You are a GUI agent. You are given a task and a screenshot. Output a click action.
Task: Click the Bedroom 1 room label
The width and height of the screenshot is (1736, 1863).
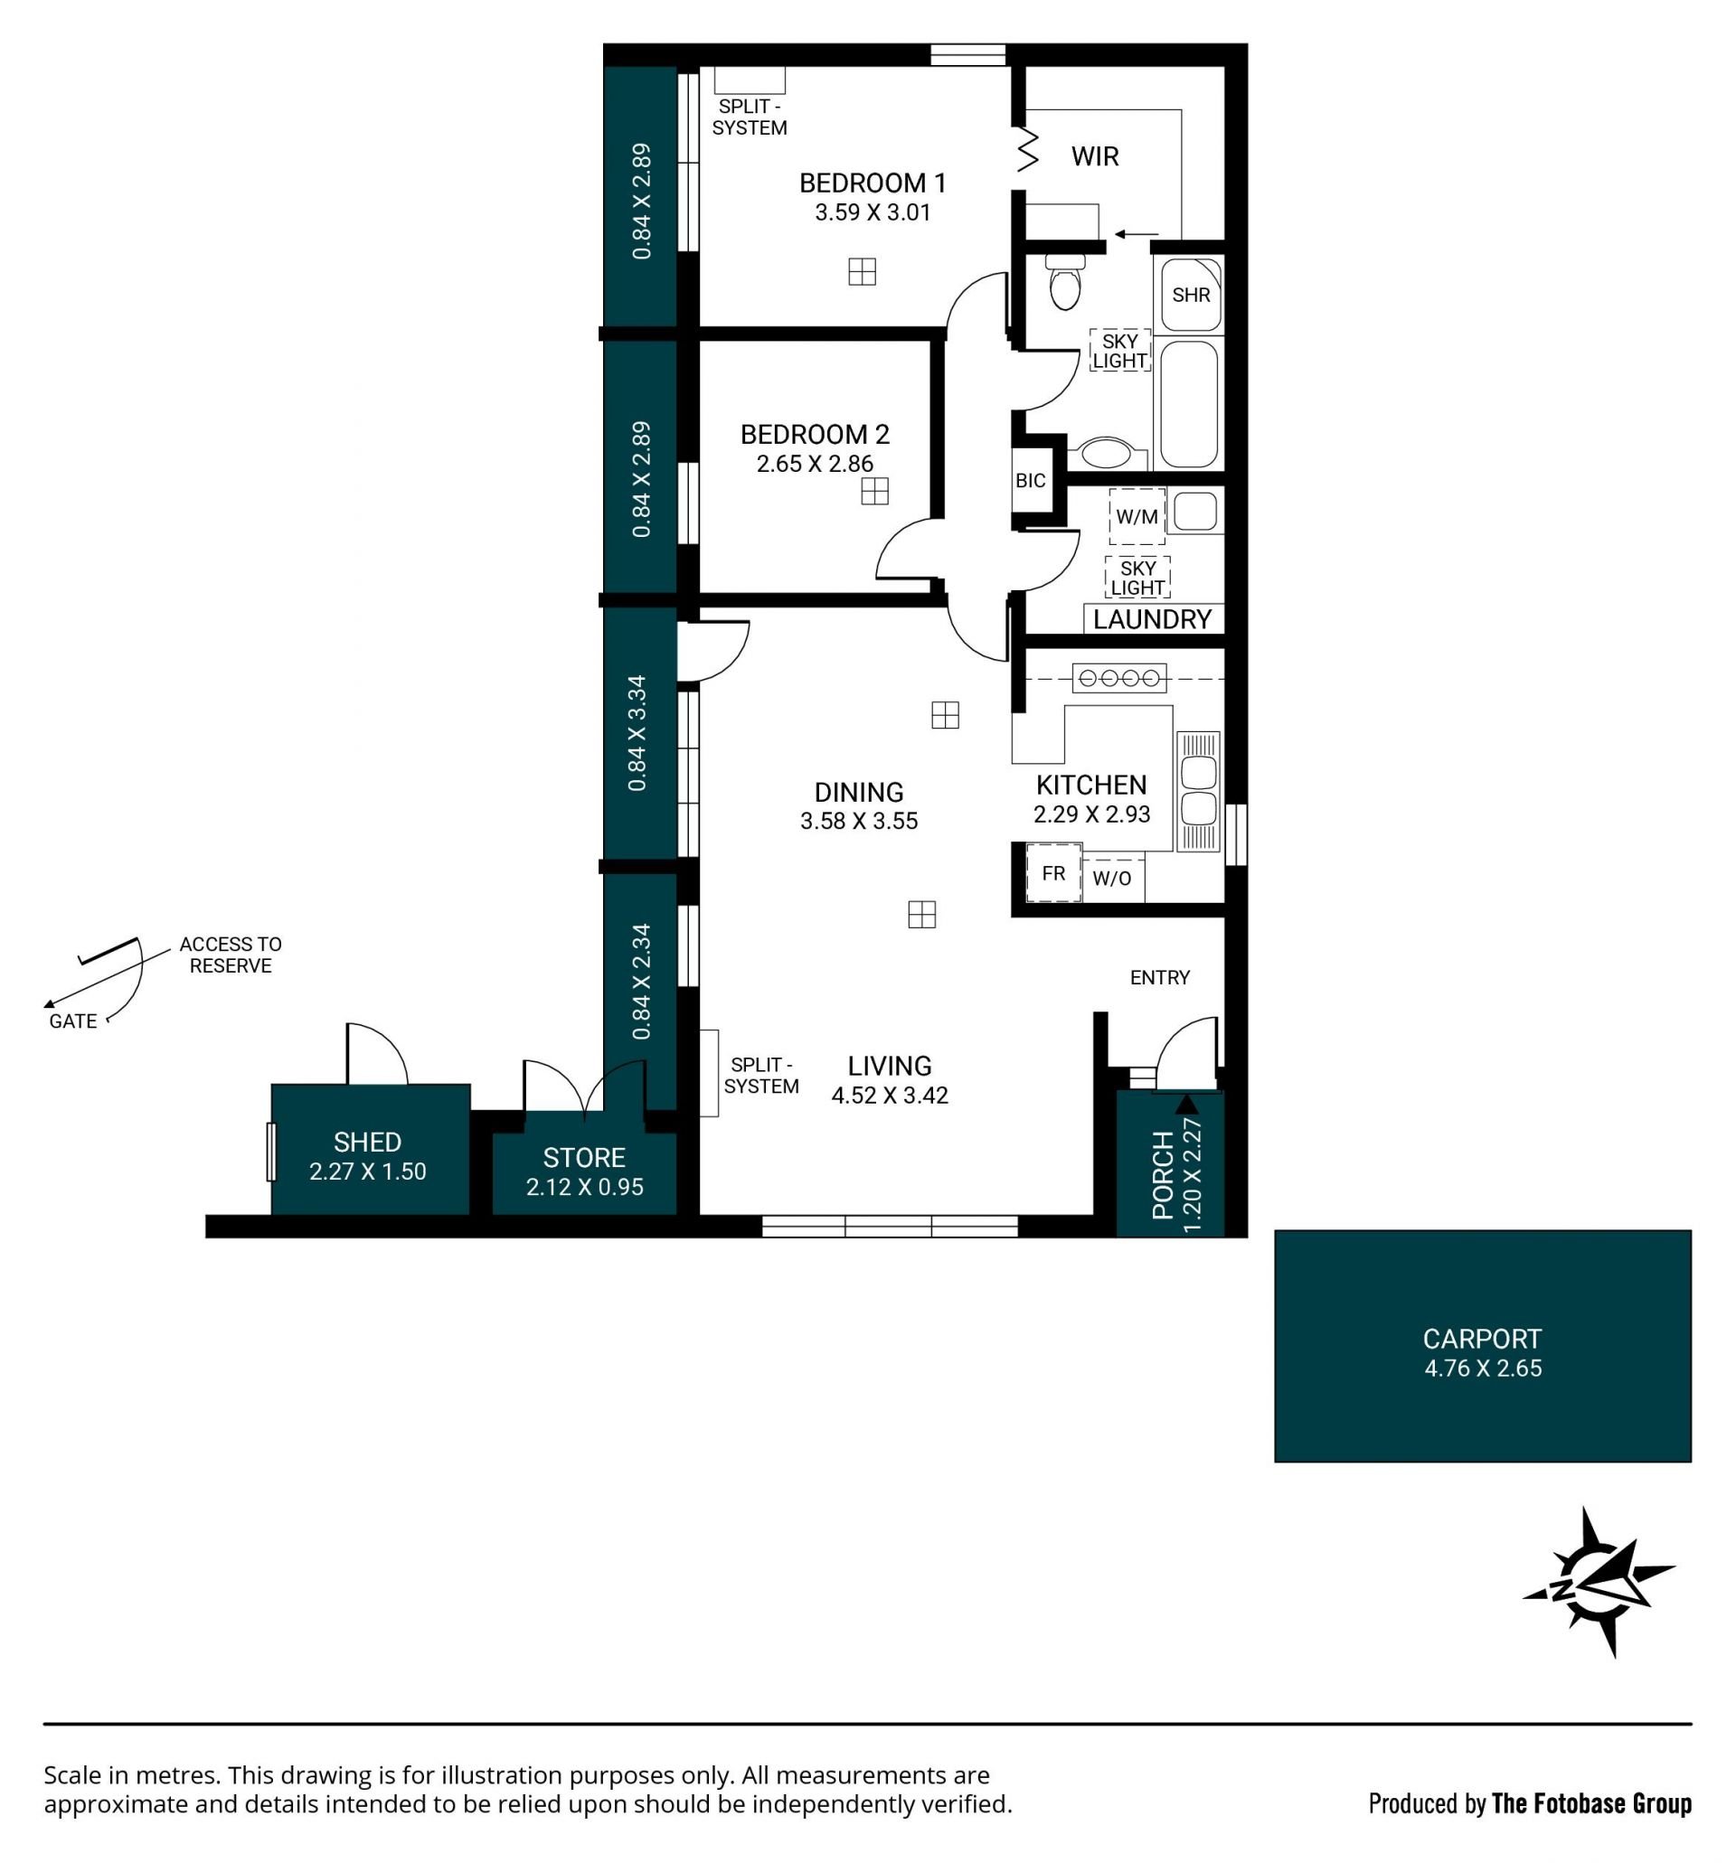(872, 183)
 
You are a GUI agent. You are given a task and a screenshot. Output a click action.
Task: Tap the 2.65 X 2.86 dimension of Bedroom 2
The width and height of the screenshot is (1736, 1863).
(815, 464)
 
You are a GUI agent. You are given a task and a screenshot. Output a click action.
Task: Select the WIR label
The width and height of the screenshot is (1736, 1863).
(1095, 156)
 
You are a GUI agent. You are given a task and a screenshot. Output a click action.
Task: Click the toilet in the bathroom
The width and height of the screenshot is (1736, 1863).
(1065, 280)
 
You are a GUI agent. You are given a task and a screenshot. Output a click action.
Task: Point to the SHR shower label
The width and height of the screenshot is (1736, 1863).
(1191, 296)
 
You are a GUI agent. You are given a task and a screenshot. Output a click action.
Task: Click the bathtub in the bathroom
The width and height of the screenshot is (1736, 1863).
(1189, 404)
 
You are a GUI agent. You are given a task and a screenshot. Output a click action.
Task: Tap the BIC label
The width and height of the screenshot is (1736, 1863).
(1030, 481)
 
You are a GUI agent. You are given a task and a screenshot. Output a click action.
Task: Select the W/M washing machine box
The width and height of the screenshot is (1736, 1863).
(1137, 516)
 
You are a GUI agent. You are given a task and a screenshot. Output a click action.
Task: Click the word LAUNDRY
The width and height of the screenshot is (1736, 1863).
(1152, 619)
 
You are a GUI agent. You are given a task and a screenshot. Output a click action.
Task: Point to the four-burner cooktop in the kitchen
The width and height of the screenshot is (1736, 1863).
(1119, 678)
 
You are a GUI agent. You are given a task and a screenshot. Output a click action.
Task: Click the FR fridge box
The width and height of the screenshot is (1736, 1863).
(1053, 873)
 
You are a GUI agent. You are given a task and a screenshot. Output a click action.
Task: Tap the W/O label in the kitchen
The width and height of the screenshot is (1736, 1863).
(1112, 879)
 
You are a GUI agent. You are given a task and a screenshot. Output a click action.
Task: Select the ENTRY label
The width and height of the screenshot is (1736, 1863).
(1159, 978)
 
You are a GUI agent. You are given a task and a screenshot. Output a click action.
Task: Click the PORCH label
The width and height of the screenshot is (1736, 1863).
(1164, 1175)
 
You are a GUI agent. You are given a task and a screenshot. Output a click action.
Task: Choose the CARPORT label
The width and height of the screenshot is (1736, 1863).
(1482, 1339)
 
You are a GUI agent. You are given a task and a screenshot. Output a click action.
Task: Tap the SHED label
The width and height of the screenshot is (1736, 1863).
(367, 1143)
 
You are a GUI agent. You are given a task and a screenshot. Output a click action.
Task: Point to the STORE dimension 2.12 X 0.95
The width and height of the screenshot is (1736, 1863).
(585, 1188)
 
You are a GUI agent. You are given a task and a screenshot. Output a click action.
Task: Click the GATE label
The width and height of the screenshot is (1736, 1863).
(73, 1021)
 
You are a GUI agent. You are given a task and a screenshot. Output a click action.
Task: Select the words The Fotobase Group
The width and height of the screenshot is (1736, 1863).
(1590, 1804)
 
